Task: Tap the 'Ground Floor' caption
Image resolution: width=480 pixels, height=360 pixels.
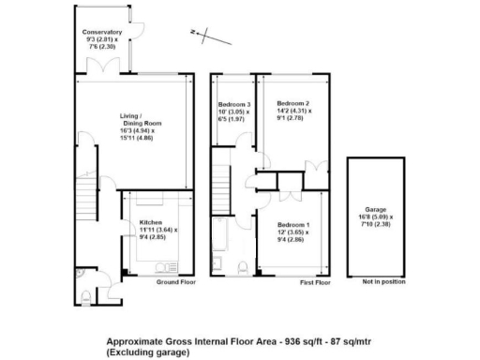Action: click(x=174, y=281)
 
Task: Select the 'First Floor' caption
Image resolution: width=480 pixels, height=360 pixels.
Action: click(x=315, y=281)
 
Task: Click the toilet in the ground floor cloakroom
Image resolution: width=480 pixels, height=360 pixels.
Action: click(x=84, y=298)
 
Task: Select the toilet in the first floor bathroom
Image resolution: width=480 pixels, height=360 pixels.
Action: click(x=244, y=268)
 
